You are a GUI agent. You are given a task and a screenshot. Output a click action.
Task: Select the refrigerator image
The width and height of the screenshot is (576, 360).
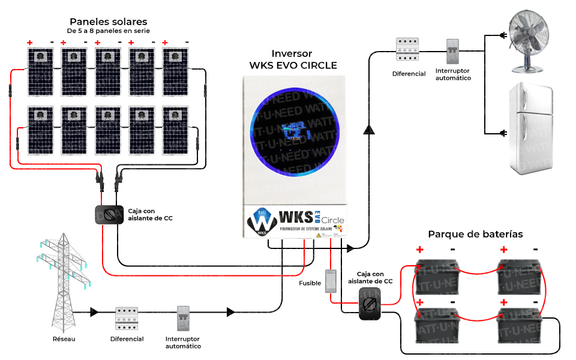(x=530, y=129)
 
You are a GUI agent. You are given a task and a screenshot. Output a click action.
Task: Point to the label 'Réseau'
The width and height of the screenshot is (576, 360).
(x=64, y=339)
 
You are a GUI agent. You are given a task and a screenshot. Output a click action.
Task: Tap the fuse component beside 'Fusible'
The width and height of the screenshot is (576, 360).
(x=331, y=281)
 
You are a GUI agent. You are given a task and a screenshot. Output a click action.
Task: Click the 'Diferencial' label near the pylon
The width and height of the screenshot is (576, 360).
(x=127, y=339)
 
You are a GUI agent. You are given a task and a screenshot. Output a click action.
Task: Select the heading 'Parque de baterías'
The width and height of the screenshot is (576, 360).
(x=475, y=234)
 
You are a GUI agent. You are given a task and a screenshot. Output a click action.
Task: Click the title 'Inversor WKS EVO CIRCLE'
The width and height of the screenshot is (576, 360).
(x=292, y=59)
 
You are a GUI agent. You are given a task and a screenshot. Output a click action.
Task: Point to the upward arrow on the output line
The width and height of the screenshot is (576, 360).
(x=368, y=130)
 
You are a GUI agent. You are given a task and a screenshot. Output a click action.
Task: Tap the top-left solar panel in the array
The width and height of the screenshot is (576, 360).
(x=40, y=71)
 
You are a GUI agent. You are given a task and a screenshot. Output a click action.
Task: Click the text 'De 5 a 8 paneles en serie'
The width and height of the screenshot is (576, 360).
(x=108, y=31)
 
